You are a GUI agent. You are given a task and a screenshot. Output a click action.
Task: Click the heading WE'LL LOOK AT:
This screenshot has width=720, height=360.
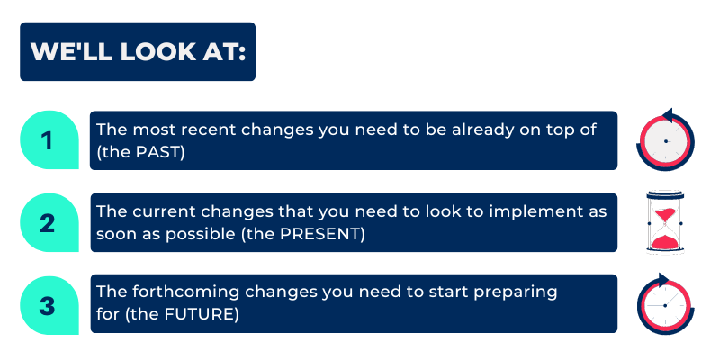click(139, 51)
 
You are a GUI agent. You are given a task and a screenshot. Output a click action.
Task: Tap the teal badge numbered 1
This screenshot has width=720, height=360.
click(49, 140)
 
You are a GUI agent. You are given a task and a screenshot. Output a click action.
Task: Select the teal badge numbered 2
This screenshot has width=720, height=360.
click(49, 222)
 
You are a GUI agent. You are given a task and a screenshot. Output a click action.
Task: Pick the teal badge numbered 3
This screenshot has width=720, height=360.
click(49, 305)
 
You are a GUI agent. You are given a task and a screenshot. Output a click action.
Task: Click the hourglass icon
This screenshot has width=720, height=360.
click(665, 222)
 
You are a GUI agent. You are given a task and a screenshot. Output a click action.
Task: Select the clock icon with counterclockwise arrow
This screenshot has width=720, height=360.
click(665, 139)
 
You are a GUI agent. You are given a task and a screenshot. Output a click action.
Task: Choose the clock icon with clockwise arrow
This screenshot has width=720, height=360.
click(665, 303)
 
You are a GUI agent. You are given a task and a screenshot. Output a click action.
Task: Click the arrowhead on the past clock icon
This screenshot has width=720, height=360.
click(669, 115)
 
